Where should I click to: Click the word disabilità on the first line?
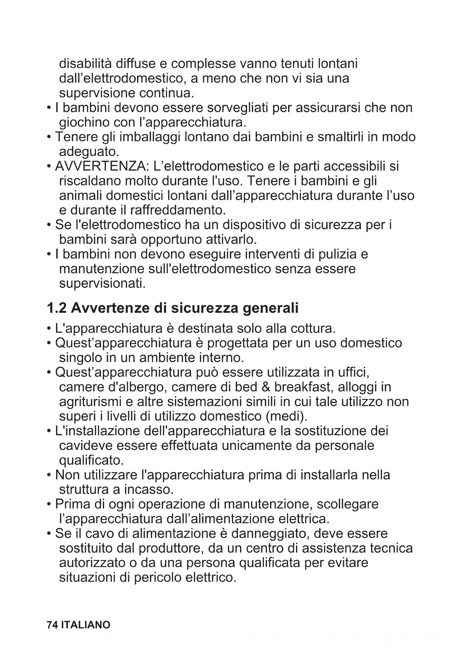[85, 63]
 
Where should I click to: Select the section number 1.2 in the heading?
[57, 308]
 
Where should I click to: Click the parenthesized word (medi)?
[286, 416]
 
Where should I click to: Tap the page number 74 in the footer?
[52, 625]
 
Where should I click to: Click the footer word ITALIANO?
[86, 625]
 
